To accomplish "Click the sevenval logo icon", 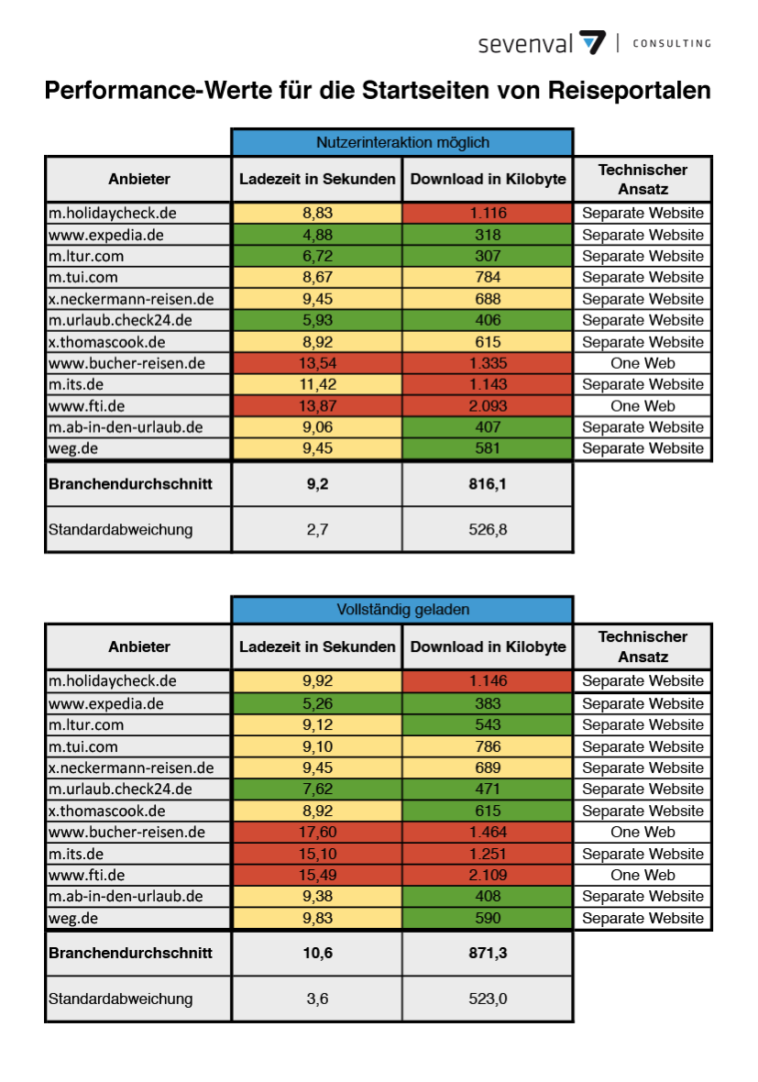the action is coord(592,43).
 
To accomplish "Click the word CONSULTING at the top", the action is coord(672,43).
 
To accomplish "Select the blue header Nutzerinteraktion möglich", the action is coord(402,142).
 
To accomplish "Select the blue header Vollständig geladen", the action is coord(402,610).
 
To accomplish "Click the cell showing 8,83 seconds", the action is coord(317,214).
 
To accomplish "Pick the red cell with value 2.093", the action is coord(488,405).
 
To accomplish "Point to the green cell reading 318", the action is coord(488,235).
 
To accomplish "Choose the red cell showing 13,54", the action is coord(317,363).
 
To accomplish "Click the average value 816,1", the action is coord(488,484).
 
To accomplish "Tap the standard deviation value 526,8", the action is coord(488,529).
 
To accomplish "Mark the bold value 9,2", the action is coord(317,484).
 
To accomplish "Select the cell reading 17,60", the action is coord(317,833).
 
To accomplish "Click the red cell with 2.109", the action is coord(488,875).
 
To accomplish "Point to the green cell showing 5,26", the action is coord(317,703).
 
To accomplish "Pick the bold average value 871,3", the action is coord(488,953).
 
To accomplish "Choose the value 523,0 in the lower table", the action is coord(488,999).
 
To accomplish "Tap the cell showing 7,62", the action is coord(317,789).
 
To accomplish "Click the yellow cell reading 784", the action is coord(488,278).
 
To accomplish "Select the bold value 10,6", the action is coord(317,953).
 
